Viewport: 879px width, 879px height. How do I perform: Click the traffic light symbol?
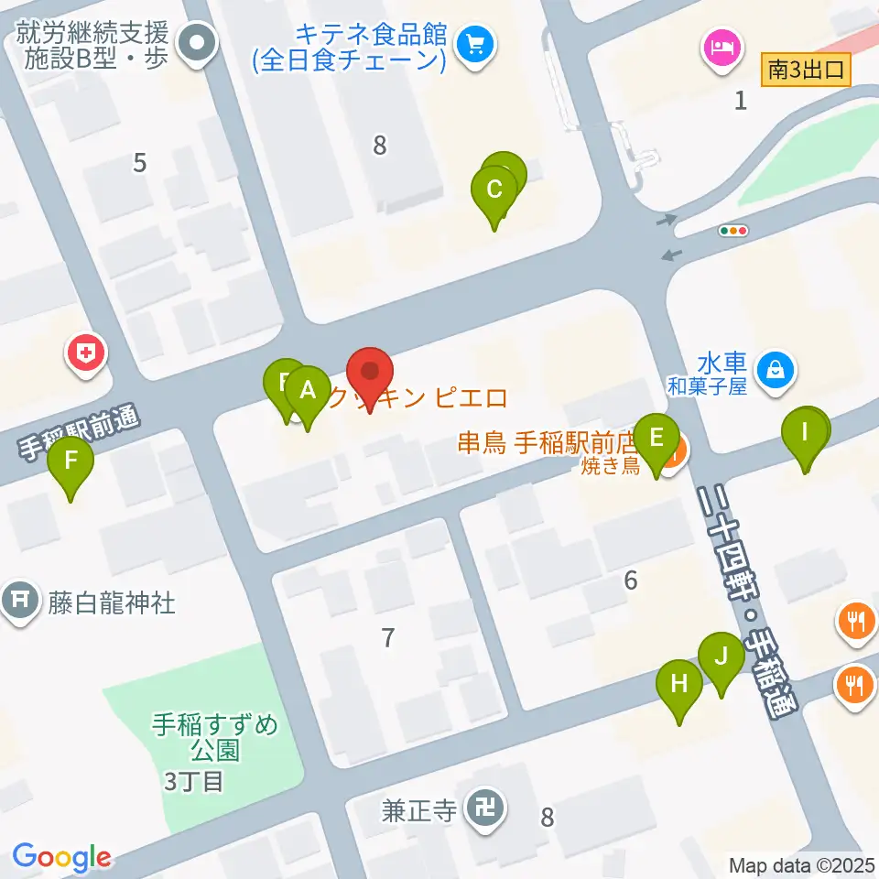tap(734, 231)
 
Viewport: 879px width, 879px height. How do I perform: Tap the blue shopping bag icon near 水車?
tap(776, 370)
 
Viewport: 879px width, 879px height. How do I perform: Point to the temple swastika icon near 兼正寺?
tap(483, 808)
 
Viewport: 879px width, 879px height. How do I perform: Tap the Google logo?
tap(61, 857)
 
